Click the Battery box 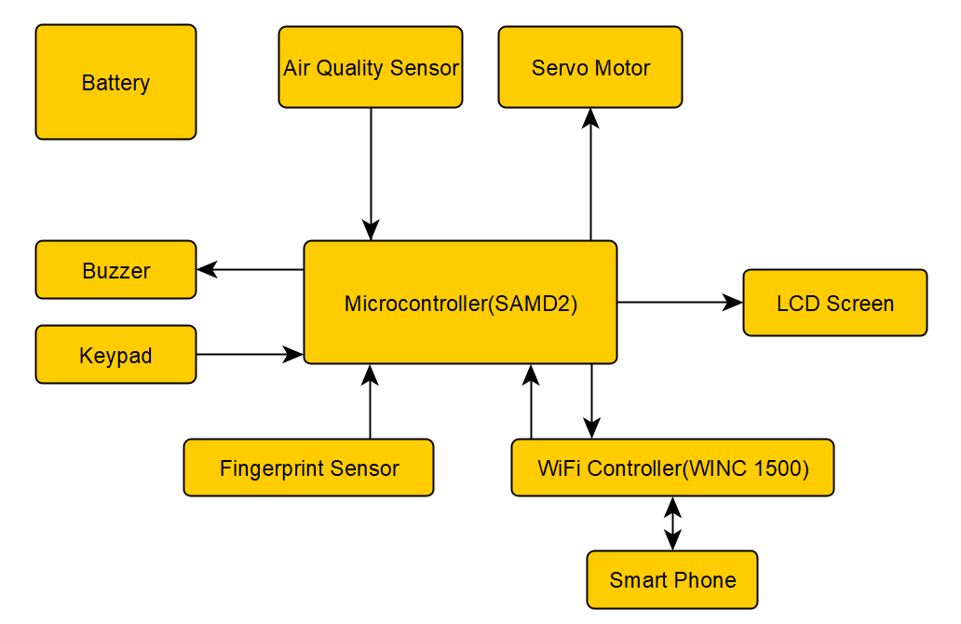pyautogui.click(x=115, y=82)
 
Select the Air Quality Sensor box pyautogui.click(x=371, y=67)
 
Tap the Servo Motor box pyautogui.click(x=590, y=67)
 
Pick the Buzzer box pyautogui.click(x=115, y=270)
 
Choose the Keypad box pyautogui.click(x=115, y=355)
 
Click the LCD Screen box pyautogui.click(x=834, y=303)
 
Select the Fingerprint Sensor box pyautogui.click(x=308, y=468)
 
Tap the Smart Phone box pyautogui.click(x=671, y=579)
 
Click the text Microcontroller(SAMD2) pyautogui.click(x=460, y=303)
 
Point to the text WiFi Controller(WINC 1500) pyautogui.click(x=672, y=468)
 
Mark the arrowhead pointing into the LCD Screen pyautogui.click(x=734, y=303)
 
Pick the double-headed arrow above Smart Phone pyautogui.click(x=672, y=523)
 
